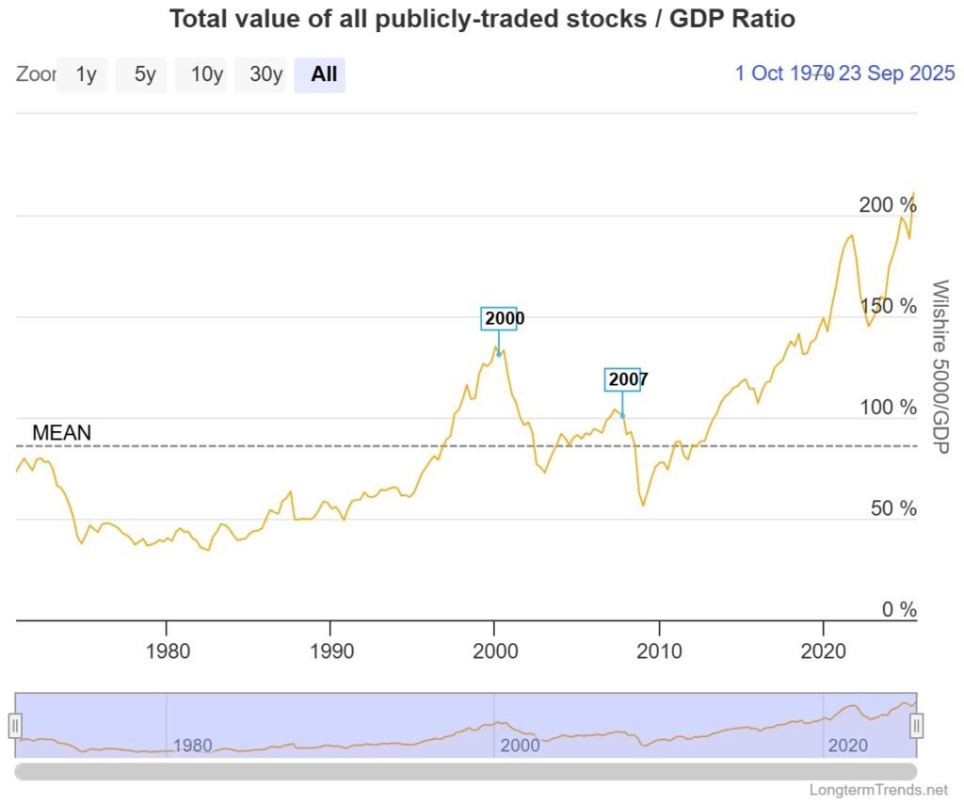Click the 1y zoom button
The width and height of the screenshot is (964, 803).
pos(86,74)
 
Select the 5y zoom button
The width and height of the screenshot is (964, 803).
pos(144,74)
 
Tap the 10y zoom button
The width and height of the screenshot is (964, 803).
pos(206,74)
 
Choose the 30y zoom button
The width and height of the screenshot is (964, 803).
pos(265,74)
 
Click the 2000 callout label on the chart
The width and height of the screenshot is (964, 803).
pos(504,318)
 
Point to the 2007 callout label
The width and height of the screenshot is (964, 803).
pos(628,379)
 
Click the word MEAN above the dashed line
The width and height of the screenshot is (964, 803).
pos(62,433)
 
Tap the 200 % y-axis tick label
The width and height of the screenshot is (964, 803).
pos(887,204)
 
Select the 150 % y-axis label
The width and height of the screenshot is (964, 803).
pos(887,306)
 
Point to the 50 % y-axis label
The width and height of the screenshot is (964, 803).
pos(892,508)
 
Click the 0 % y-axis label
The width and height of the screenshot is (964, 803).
pos(898,610)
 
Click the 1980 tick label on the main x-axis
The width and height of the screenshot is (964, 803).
pos(166,651)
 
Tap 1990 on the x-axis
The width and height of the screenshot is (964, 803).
pos(330,651)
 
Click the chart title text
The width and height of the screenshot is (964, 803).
pos(481,19)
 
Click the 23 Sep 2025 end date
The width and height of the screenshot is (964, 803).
pos(896,73)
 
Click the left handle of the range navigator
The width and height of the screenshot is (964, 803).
pos(15,726)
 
